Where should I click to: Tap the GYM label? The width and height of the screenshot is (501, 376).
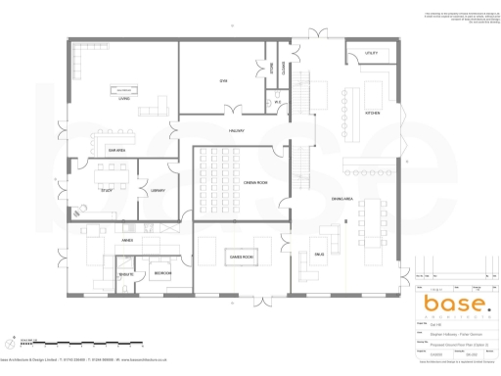(224, 81)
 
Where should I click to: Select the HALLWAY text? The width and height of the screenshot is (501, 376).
(237, 130)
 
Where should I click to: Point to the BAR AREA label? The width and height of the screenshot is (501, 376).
(115, 150)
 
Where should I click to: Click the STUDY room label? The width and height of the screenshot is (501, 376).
(107, 190)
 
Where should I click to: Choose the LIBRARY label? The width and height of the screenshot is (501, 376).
(158, 190)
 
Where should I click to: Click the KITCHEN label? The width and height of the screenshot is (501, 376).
(372, 114)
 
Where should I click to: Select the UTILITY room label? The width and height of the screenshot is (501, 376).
(372, 53)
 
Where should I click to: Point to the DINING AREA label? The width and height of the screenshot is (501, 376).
(342, 200)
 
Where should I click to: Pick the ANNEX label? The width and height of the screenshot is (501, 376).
(127, 240)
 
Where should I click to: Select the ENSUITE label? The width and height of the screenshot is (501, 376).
(127, 275)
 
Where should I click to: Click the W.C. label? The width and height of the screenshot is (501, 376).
(278, 102)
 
